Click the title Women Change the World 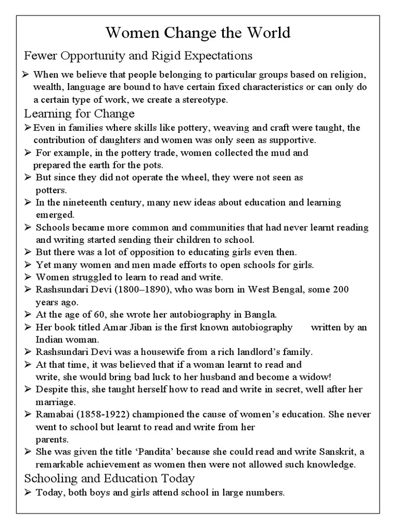198,33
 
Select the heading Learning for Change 79,113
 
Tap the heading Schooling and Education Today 109,478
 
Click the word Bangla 261,314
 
